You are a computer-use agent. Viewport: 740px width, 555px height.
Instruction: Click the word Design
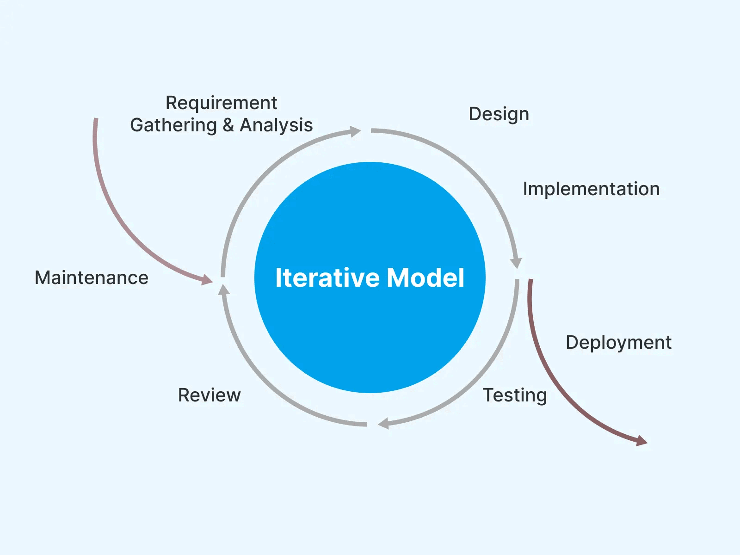(499, 114)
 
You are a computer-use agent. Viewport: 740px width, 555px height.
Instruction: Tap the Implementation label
(591, 189)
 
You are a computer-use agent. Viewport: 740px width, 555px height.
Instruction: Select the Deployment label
(618, 343)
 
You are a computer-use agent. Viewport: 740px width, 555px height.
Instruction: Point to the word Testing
(515, 395)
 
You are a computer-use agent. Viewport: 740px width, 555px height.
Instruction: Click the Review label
(209, 395)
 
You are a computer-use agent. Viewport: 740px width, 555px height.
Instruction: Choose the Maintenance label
(92, 278)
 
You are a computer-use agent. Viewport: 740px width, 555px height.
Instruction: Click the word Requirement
(221, 103)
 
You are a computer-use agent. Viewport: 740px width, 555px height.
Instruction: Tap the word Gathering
(173, 125)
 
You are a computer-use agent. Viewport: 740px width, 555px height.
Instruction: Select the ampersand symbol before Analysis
(228, 125)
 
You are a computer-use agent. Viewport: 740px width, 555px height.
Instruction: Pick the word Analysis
(276, 125)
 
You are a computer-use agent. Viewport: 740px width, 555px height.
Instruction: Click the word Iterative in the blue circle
(327, 278)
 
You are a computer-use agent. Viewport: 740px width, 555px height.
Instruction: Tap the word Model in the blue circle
(425, 278)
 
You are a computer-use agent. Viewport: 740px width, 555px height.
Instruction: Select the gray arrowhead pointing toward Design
(355, 132)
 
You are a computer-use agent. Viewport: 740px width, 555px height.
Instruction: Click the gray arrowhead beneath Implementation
(516, 263)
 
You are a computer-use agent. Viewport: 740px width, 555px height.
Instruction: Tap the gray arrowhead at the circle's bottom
(383, 423)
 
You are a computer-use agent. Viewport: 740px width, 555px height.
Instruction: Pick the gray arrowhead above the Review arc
(224, 290)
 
